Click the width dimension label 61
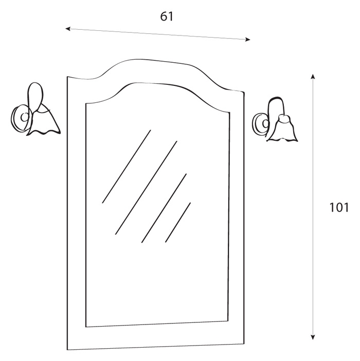[167, 16]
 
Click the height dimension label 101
[339, 207]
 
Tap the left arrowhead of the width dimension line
[68, 29]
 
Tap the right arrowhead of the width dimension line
[248, 40]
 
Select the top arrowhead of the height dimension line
[313, 77]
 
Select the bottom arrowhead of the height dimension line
[313, 337]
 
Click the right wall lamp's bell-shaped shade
[282, 130]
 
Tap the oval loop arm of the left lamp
[35, 97]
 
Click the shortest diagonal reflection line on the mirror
[178, 222]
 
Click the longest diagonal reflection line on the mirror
[146, 188]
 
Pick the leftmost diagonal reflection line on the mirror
[127, 167]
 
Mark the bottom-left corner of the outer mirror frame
[67, 350]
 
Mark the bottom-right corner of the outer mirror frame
[244, 344]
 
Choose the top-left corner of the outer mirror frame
[67, 77]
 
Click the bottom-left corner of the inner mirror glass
[86, 327]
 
